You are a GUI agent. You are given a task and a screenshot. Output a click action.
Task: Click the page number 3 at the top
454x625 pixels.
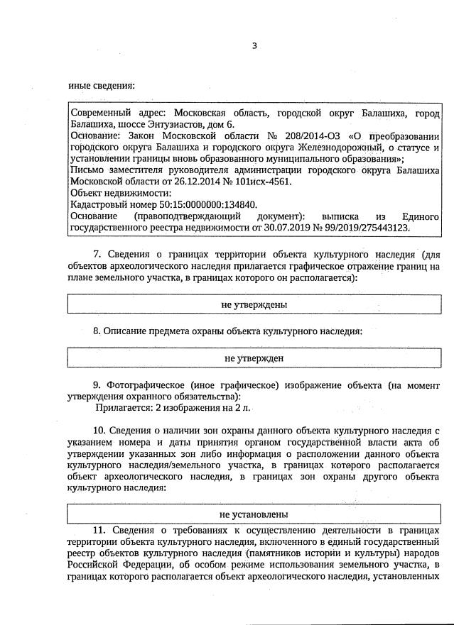(254, 46)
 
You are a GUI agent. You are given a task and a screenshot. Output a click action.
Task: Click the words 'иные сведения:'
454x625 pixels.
(102, 87)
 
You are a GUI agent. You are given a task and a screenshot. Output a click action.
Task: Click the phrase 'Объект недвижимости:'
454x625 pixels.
(120, 193)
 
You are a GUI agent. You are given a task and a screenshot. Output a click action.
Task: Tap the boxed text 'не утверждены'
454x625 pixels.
(254, 304)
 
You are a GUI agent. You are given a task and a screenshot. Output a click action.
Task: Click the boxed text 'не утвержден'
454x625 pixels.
(254, 358)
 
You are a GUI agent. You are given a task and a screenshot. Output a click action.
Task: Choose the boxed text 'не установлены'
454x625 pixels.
(254, 514)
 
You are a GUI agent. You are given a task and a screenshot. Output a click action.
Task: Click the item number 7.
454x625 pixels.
(98, 254)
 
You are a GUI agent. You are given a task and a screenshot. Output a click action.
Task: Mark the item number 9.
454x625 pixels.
(98, 385)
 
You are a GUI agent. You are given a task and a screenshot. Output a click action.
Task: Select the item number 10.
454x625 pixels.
(100, 430)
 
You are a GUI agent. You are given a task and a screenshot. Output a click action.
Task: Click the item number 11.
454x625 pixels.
(99, 530)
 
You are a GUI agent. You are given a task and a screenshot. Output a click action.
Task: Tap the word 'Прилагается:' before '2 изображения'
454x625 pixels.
(121, 408)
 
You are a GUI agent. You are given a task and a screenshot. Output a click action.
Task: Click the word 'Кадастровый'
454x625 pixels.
(99, 204)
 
